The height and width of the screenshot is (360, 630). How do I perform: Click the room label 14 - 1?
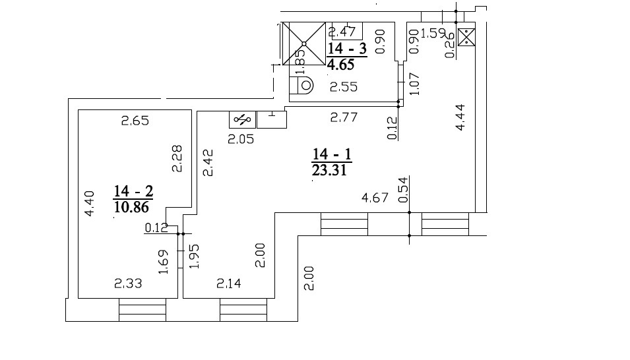pos(332,154)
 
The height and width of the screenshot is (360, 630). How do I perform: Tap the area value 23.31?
pos(329,170)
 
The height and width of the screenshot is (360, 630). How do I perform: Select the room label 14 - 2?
pos(133,191)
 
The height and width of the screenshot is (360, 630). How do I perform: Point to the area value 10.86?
pos(131,207)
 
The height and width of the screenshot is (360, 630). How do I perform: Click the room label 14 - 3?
pos(347,49)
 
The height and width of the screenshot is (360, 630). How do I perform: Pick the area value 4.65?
pos(340,65)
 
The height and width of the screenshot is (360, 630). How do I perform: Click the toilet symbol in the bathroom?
pos(301,85)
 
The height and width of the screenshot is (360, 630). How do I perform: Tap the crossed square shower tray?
pos(304,44)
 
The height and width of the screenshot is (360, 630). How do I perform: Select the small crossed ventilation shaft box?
pos(466,38)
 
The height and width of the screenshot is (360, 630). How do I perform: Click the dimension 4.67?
pos(375,198)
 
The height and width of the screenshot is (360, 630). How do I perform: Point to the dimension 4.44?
pos(460,117)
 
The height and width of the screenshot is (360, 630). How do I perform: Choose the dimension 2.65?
pos(135,121)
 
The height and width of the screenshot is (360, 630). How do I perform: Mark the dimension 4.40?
pos(89,204)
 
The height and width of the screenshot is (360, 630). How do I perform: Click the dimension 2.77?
pos(344,117)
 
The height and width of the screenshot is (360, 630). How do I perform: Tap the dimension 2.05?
pos(241,139)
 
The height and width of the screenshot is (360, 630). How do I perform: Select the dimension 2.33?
pos(128,284)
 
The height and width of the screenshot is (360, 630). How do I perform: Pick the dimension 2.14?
pos(229,284)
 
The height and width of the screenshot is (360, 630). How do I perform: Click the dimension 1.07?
pos(415,84)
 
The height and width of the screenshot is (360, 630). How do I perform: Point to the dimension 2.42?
pos(208,163)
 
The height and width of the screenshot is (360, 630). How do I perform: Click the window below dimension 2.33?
pos(142,310)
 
